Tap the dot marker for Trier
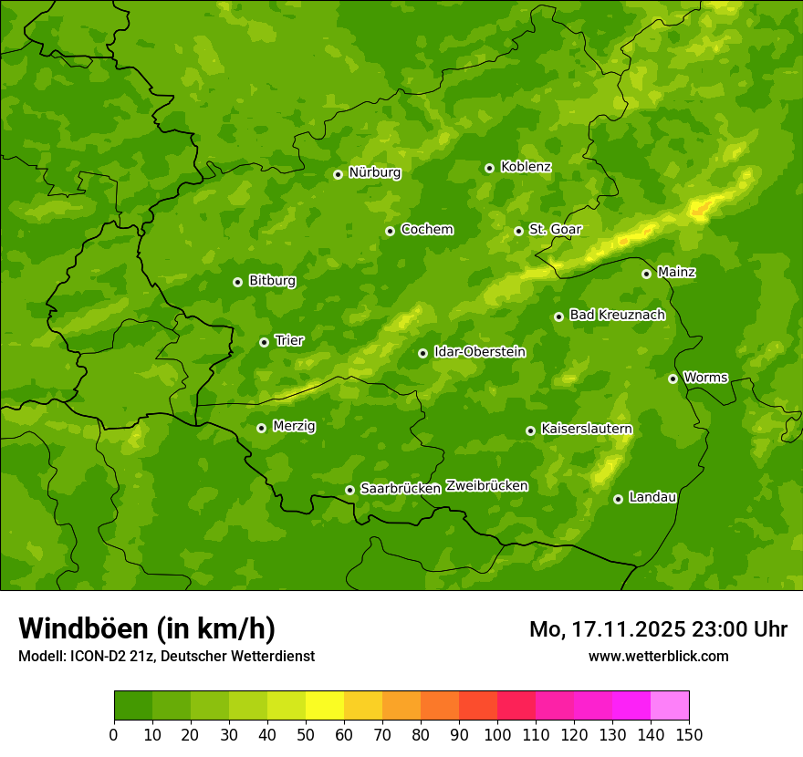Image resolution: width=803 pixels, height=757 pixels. (x=264, y=342)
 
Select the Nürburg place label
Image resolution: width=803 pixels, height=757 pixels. (x=374, y=172)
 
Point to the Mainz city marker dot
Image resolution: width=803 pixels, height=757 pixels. (x=646, y=274)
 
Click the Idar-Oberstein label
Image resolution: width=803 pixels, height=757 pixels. (x=479, y=352)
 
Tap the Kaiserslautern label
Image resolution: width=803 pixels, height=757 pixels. (x=586, y=429)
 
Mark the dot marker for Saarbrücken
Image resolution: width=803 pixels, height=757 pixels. (x=349, y=490)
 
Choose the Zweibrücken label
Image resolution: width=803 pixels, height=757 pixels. (x=486, y=485)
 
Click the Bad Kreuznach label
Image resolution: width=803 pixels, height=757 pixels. (x=617, y=315)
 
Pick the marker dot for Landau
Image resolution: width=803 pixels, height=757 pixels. (x=618, y=499)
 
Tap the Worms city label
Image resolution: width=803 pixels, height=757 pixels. (x=704, y=377)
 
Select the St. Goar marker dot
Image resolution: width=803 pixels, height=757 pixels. (x=518, y=231)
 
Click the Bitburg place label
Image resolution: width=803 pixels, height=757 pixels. (x=272, y=281)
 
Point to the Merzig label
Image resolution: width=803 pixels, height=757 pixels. (x=294, y=426)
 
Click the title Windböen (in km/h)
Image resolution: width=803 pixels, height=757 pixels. (x=146, y=628)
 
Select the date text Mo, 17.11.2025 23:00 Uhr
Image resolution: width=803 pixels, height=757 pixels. (x=658, y=629)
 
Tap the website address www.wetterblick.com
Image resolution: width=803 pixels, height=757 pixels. (x=658, y=656)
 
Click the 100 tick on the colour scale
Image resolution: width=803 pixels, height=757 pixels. (x=497, y=734)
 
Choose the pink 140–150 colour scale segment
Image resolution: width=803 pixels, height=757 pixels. (x=670, y=706)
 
